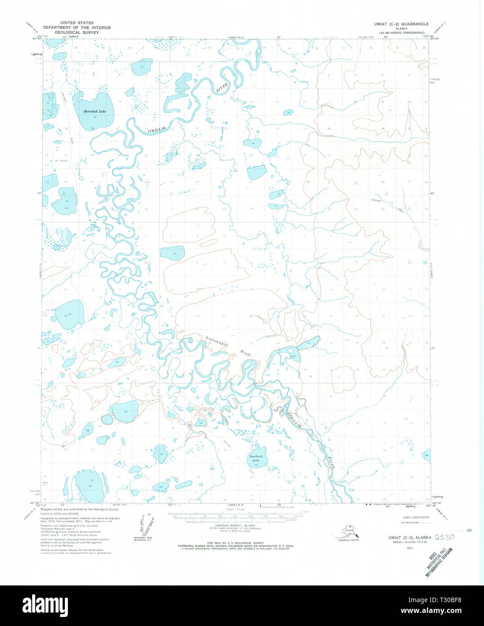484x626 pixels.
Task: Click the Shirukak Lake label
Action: click(95, 111)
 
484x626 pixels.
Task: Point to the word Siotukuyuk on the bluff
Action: click(217, 341)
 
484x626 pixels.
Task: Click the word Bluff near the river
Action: click(245, 353)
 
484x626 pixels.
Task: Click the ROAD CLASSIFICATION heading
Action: click(416, 517)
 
